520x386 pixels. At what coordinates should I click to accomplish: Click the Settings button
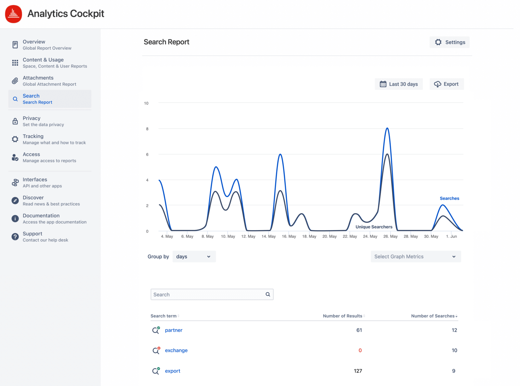click(449, 42)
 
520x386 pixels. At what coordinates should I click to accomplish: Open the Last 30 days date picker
click(399, 84)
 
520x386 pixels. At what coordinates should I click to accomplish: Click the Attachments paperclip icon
click(15, 81)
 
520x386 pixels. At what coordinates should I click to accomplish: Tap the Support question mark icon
click(15, 237)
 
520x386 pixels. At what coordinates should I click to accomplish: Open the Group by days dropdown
click(194, 256)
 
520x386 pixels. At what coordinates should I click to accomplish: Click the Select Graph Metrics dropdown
click(416, 256)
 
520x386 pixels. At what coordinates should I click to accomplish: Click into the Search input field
click(208, 294)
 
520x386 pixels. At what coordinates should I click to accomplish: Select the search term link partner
click(174, 330)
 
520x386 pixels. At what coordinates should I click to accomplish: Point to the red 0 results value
click(360, 350)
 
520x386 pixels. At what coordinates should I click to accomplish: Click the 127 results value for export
click(358, 371)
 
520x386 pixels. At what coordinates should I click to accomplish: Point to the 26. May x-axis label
click(390, 236)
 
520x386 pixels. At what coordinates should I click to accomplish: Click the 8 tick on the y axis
click(147, 129)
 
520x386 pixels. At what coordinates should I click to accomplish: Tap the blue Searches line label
click(449, 198)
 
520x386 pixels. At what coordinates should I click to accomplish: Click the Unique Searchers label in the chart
click(374, 227)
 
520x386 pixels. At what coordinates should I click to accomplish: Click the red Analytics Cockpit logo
click(14, 14)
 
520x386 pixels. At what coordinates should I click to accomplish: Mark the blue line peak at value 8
click(387, 128)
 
